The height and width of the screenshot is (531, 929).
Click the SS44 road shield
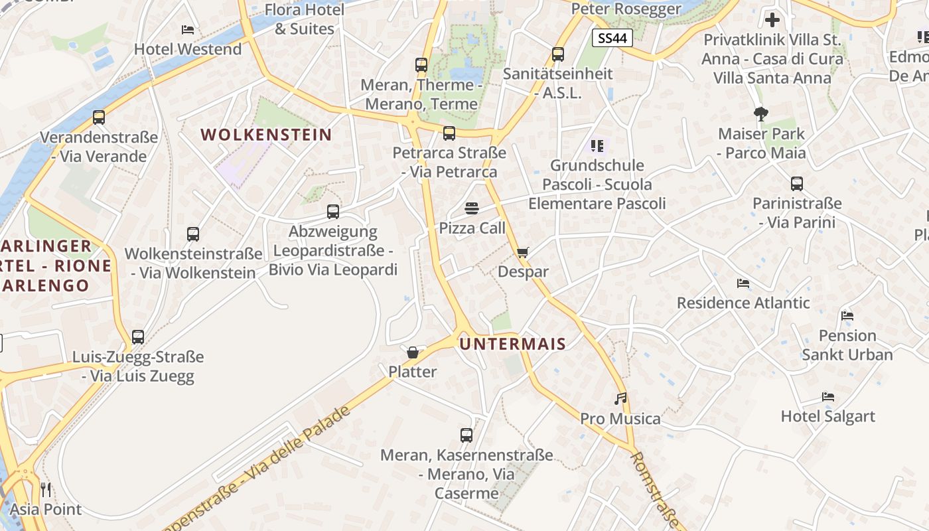pyautogui.click(x=612, y=38)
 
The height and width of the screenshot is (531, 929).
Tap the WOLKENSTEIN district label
pyautogui.click(x=266, y=135)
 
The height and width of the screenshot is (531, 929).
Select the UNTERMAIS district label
pyautogui.click(x=513, y=344)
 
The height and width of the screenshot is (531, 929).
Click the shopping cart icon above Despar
pyautogui.click(x=523, y=252)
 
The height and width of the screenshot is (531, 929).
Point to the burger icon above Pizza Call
pyautogui.click(x=472, y=208)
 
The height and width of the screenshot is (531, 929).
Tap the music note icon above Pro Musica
pyautogui.click(x=620, y=399)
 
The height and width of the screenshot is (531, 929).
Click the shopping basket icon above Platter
pyautogui.click(x=413, y=352)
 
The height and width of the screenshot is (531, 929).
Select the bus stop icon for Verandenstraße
pyautogui.click(x=99, y=117)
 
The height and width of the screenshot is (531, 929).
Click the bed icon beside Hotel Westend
pyautogui.click(x=188, y=30)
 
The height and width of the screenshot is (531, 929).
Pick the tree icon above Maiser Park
pyautogui.click(x=761, y=114)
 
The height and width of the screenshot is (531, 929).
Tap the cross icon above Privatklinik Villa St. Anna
pyautogui.click(x=772, y=20)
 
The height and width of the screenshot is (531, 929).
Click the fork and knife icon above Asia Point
pyautogui.click(x=46, y=490)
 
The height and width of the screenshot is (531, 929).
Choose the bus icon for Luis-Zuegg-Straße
pyautogui.click(x=138, y=337)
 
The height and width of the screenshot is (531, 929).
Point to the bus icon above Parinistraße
pyautogui.click(x=797, y=184)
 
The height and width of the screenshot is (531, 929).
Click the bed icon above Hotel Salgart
pyautogui.click(x=828, y=397)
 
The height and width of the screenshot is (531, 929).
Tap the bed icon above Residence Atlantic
pyautogui.click(x=743, y=283)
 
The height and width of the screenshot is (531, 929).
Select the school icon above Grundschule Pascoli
pyautogui.click(x=597, y=145)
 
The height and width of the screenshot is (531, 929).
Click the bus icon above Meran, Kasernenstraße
pyautogui.click(x=466, y=435)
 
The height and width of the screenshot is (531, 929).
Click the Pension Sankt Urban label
pyautogui.click(x=847, y=344)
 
